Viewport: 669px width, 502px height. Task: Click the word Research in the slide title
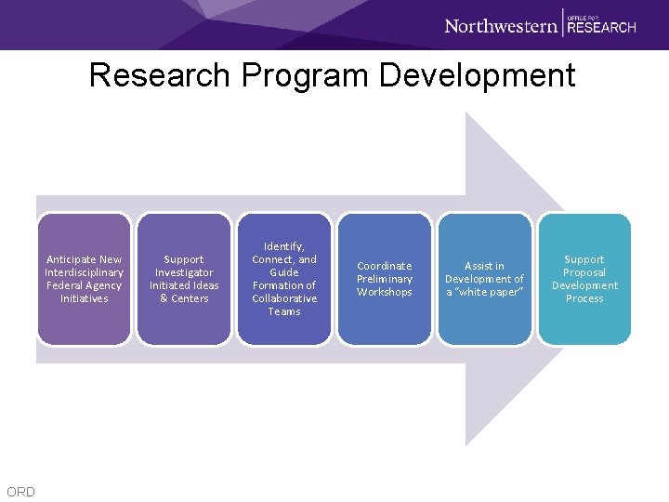[x=158, y=75]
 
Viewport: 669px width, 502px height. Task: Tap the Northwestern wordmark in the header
[x=501, y=25]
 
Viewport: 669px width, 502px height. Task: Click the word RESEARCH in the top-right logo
[x=601, y=27]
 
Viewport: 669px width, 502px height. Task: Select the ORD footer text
[x=20, y=492]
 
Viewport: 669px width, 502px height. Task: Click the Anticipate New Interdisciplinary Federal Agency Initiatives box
[x=85, y=279]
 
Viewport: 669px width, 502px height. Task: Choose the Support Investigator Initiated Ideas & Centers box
[x=184, y=279]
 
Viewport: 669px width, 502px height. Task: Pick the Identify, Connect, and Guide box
[x=284, y=279]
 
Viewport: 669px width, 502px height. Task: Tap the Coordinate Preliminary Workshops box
[x=385, y=279]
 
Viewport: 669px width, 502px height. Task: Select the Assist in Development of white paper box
[x=484, y=279]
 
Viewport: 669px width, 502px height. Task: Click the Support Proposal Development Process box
[x=584, y=279]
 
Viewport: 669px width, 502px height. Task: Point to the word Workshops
[x=385, y=292]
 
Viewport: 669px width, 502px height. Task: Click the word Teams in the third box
[x=284, y=311]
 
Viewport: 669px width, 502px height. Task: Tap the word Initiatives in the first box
[x=85, y=298]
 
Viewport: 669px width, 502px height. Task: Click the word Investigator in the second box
[x=184, y=272]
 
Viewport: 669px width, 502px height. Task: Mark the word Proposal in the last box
[x=584, y=272]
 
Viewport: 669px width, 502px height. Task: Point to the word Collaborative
[x=284, y=298]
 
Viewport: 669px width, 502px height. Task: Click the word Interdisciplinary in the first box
[x=85, y=272]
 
